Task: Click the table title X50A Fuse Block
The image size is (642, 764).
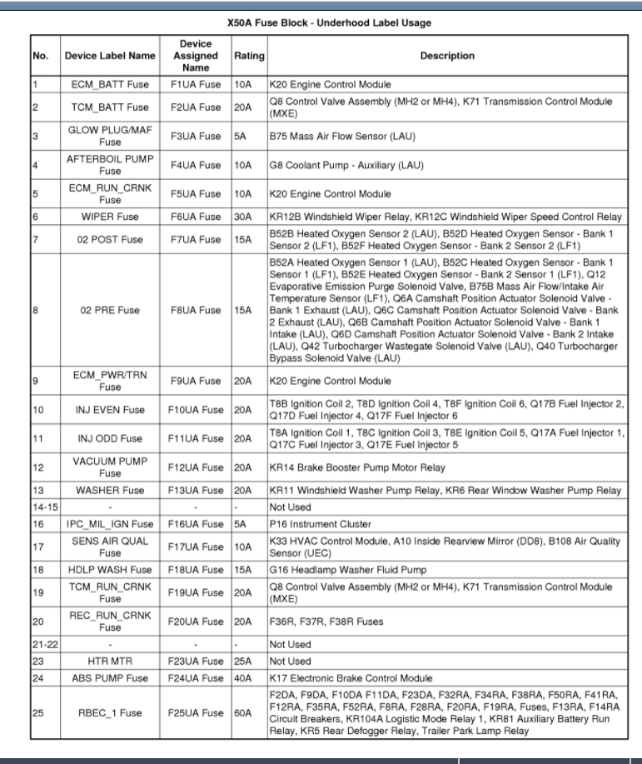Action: (x=329, y=22)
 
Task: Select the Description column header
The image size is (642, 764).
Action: (x=447, y=56)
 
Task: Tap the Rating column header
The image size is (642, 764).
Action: (x=249, y=56)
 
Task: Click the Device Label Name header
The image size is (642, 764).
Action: (x=110, y=56)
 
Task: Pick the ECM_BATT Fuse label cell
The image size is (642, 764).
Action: (x=110, y=84)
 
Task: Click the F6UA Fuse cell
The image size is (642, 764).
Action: (x=196, y=217)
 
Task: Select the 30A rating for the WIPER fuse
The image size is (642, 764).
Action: (x=242, y=217)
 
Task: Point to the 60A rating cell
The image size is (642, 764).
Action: (x=242, y=713)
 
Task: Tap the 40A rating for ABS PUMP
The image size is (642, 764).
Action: (x=242, y=678)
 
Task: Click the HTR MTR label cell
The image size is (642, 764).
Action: (x=110, y=662)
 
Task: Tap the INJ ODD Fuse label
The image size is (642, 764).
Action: (x=110, y=438)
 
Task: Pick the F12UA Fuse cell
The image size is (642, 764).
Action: (x=196, y=467)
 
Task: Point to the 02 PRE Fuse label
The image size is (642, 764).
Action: (x=110, y=310)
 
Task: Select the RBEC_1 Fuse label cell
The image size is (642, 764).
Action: (x=110, y=713)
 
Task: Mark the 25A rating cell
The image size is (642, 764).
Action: (x=242, y=662)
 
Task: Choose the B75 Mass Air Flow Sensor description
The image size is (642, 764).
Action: (x=342, y=136)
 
